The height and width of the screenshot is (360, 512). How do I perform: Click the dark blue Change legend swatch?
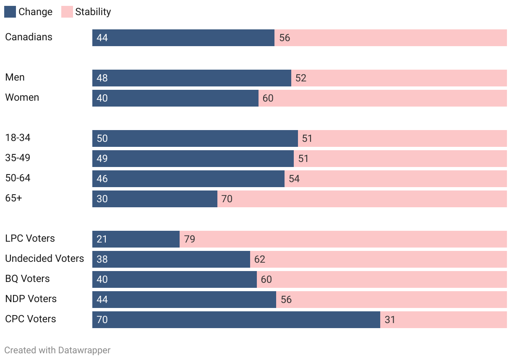pyautogui.click(x=10, y=12)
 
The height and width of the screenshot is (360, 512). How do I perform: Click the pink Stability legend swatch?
pyautogui.click(x=67, y=12)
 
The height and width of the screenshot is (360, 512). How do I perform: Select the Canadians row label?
pyautogui.click(x=29, y=37)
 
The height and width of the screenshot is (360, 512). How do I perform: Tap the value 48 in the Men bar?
pyautogui.click(x=102, y=78)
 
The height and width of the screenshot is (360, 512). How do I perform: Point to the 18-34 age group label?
pyautogui.click(x=18, y=138)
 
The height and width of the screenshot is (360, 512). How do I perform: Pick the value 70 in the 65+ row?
pyautogui.click(x=227, y=199)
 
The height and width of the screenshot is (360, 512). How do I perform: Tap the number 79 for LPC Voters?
pyautogui.click(x=190, y=239)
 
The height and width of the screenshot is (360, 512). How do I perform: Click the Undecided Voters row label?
pyautogui.click(x=44, y=258)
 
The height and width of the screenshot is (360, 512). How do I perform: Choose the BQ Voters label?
pyautogui.click(x=27, y=279)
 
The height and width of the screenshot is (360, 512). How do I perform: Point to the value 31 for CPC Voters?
pyautogui.click(x=390, y=320)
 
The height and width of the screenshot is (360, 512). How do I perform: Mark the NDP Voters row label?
pyautogui.click(x=31, y=299)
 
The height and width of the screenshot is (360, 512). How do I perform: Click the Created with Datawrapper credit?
pyautogui.click(x=57, y=350)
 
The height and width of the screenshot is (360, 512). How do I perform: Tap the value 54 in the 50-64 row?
pyautogui.click(x=294, y=179)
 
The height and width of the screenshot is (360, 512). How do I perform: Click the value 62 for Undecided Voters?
pyautogui.click(x=260, y=259)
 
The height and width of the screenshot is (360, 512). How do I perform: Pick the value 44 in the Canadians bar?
pyautogui.click(x=102, y=38)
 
